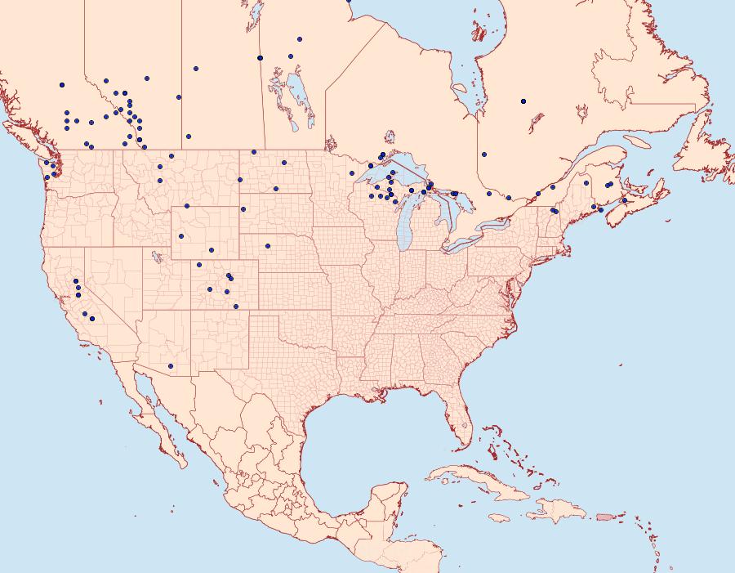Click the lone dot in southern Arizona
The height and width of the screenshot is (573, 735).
point(170,365)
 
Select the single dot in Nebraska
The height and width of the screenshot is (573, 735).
point(267,245)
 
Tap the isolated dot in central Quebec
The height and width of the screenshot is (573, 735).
point(523,101)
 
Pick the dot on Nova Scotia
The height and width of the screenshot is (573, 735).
point(624,200)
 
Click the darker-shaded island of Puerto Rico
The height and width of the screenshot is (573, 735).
point(604,516)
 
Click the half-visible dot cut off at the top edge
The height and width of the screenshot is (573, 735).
point(349,1)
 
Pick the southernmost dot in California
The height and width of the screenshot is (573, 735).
point(92,319)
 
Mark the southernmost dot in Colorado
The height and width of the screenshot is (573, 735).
point(236,307)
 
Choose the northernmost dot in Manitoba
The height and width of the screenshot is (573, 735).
point(300,38)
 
